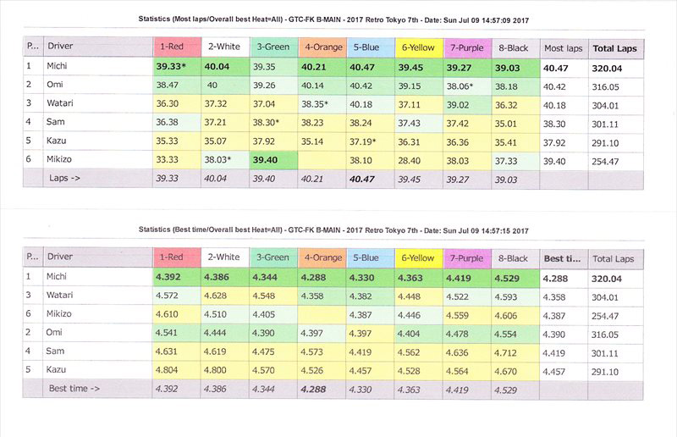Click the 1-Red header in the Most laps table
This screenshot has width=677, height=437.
click(176, 47)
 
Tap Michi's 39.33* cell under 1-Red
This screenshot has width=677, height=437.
click(176, 67)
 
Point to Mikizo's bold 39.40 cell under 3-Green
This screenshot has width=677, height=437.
click(272, 159)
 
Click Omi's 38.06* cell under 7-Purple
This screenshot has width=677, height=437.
click(469, 86)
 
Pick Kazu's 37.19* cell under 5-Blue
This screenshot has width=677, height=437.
click(371, 141)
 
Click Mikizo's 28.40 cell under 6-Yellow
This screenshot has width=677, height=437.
click(419, 159)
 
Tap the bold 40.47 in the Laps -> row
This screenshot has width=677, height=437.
click(371, 178)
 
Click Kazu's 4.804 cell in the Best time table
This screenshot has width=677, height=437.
click(176, 369)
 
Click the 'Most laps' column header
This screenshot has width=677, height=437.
click(561, 47)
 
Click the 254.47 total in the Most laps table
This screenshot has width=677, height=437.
click(611, 159)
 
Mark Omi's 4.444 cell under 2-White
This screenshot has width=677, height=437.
click(224, 332)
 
